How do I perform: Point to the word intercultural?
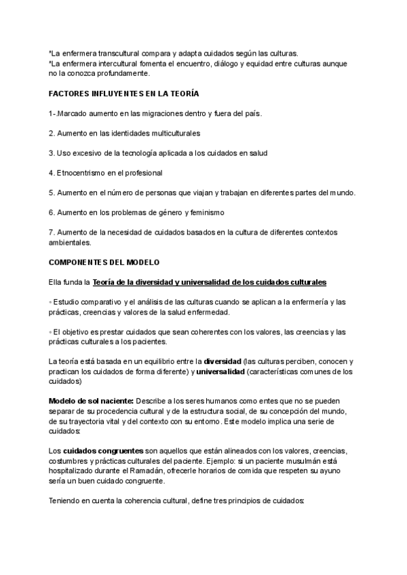[x=113, y=63]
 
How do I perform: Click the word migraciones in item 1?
[x=164, y=113]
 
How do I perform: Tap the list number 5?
[x=52, y=193]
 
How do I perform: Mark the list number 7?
[x=52, y=233]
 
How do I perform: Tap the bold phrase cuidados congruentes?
[x=103, y=451]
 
